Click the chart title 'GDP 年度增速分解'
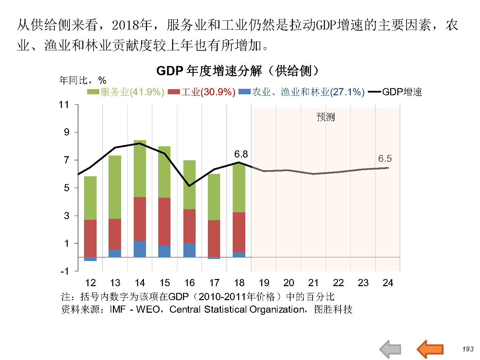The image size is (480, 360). (x=237, y=71)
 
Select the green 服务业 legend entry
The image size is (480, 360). (x=126, y=92)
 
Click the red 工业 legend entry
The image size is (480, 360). (x=202, y=92)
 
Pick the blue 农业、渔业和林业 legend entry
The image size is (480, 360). (x=302, y=92)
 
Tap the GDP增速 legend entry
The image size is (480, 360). (x=395, y=92)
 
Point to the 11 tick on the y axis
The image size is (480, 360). (x=64, y=104)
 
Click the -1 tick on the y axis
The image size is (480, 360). (x=65, y=271)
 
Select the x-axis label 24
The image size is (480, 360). (x=388, y=283)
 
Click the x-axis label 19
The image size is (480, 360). (x=264, y=283)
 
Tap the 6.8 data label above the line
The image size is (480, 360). (x=241, y=154)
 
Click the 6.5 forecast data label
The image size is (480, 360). (x=385, y=159)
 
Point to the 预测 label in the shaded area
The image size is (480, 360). (x=326, y=117)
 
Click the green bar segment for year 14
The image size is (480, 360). (x=140, y=168)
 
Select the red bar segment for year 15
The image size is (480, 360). (x=164, y=221)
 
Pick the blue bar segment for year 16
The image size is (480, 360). (x=189, y=250)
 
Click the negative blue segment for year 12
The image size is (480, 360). (x=90, y=259)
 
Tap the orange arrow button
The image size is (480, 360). (x=430, y=349)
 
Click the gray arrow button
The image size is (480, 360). (x=391, y=349)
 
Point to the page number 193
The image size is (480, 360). (x=468, y=349)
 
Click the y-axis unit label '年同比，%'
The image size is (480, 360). (x=83, y=80)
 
